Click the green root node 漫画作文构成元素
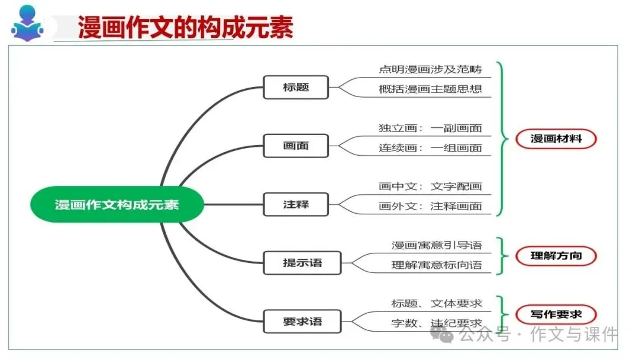pos(117,205)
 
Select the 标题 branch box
pos(295,88)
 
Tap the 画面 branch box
pos(295,146)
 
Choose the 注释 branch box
pos(295,205)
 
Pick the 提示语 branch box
pos(302,262)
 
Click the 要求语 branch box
pos(302,322)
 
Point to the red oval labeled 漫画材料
pos(556,139)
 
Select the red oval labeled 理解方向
pos(556,256)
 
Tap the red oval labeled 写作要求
pos(556,314)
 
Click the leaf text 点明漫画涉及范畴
pos(430,69)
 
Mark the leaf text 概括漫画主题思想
pos(430,89)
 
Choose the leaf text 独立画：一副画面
pos(430,128)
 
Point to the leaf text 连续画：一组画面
pos(430,148)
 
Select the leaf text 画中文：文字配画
pos(430,187)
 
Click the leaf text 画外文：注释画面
pos(430,207)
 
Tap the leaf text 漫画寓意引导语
pos(437,245)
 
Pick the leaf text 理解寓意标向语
pos(437,265)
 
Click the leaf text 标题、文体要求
pos(437,304)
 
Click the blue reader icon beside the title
pos(27,24)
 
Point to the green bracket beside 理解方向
pos(502,256)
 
